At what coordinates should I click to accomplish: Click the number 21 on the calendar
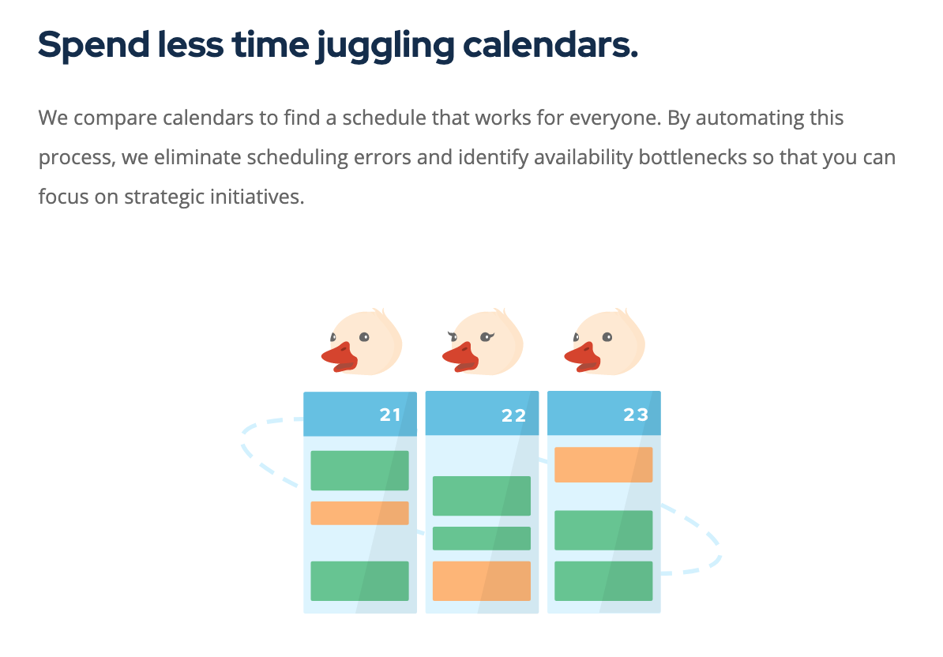[x=390, y=415]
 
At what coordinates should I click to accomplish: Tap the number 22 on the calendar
[x=513, y=416]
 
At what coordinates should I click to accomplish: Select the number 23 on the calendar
[x=636, y=415]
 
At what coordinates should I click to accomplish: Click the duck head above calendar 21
[x=363, y=341]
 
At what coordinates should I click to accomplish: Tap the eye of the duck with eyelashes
[x=487, y=336]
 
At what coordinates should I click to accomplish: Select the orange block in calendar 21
[x=359, y=513]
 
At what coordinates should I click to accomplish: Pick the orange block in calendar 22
[x=482, y=581]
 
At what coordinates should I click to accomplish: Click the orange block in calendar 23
[x=603, y=464]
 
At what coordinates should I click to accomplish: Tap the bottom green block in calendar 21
[x=359, y=581]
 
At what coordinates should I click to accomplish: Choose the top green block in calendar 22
[x=482, y=496]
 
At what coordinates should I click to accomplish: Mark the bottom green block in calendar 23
[x=603, y=581]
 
